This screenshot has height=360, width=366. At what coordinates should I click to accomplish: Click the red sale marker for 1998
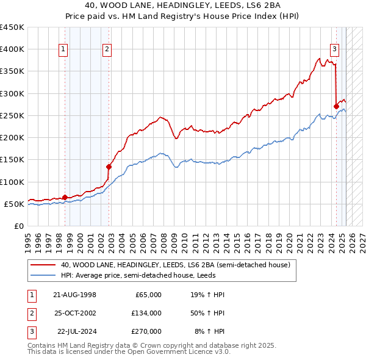pos(65,197)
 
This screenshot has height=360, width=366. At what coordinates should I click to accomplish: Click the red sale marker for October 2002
pos(109,167)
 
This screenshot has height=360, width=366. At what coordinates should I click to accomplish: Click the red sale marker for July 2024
pos(336,106)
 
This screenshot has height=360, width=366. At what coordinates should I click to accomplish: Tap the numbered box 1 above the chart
pos(63,50)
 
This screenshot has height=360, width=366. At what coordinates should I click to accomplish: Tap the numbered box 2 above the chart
pos(107,50)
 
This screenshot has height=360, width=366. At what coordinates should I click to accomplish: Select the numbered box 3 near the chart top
pos(335,50)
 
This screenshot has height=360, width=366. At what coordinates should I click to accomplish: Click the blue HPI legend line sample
pos(43,275)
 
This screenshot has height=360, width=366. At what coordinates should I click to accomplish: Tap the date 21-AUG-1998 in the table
pos(75,295)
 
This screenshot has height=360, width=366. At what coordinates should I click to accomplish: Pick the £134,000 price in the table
pos(146,313)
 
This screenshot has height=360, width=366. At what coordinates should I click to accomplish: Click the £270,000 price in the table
pos(146,331)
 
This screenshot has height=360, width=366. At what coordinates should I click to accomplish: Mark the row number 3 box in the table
pos(30,331)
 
